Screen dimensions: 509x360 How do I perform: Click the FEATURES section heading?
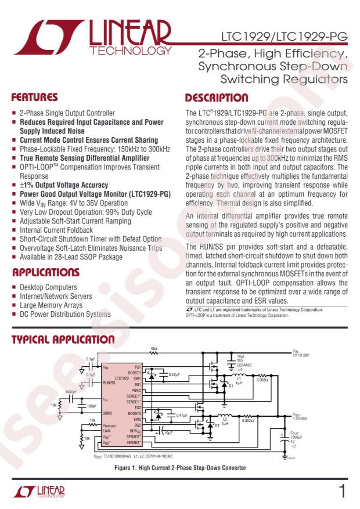click(35, 98)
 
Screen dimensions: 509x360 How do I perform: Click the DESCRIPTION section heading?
click(216, 98)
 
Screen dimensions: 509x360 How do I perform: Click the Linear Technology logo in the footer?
click(39, 493)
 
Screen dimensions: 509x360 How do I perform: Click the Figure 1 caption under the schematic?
click(180, 467)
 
